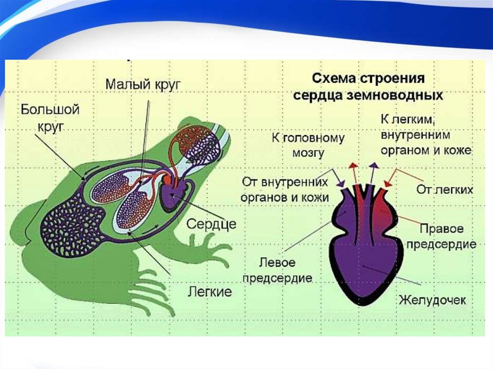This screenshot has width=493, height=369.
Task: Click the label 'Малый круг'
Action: [x=143, y=84]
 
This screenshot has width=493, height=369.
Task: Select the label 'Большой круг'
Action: [x=50, y=117]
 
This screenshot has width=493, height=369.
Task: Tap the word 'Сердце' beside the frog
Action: [x=211, y=224]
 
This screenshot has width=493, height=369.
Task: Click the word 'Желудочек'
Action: [x=432, y=301]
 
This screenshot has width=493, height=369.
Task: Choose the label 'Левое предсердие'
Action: [x=278, y=271]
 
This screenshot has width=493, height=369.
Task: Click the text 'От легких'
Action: [x=444, y=190]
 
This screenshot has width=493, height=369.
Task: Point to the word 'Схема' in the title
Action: [x=331, y=78]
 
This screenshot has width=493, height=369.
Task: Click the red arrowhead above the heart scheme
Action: [x=353, y=165]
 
